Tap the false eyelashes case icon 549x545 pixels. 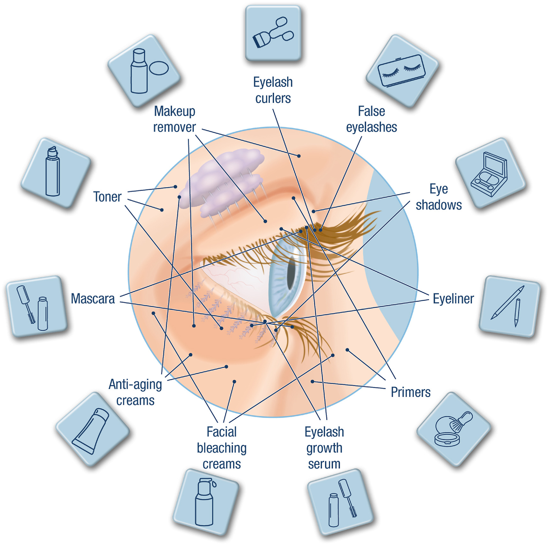tap(402, 71)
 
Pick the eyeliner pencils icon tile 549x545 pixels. tap(509, 306)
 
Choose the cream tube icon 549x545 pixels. tap(92, 430)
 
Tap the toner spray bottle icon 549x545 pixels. tap(55, 173)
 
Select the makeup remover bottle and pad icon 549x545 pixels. tap(144, 71)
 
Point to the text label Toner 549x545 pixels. tap(107, 197)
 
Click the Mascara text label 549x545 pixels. tap(93, 299)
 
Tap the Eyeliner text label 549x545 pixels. tap(453, 299)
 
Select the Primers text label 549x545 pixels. tap(411, 392)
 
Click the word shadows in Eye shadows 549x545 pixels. tap(438, 205)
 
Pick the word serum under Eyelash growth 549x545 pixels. tap(324, 464)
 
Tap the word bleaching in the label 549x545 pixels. tap(222, 448)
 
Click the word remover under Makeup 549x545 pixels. tap(174, 127)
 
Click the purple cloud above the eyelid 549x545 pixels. tap(224, 179)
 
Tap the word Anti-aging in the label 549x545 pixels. tap(135, 384)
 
